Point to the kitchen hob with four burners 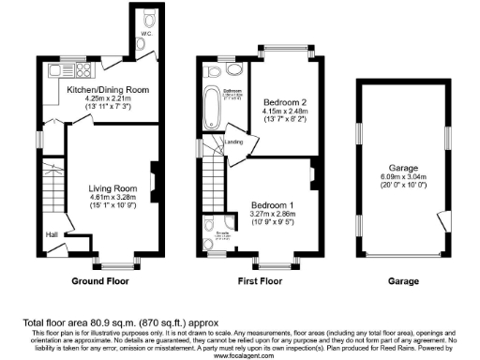point(82,71)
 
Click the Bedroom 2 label point(282,100)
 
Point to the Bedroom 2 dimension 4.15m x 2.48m point(282,110)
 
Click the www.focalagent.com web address point(240,356)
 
